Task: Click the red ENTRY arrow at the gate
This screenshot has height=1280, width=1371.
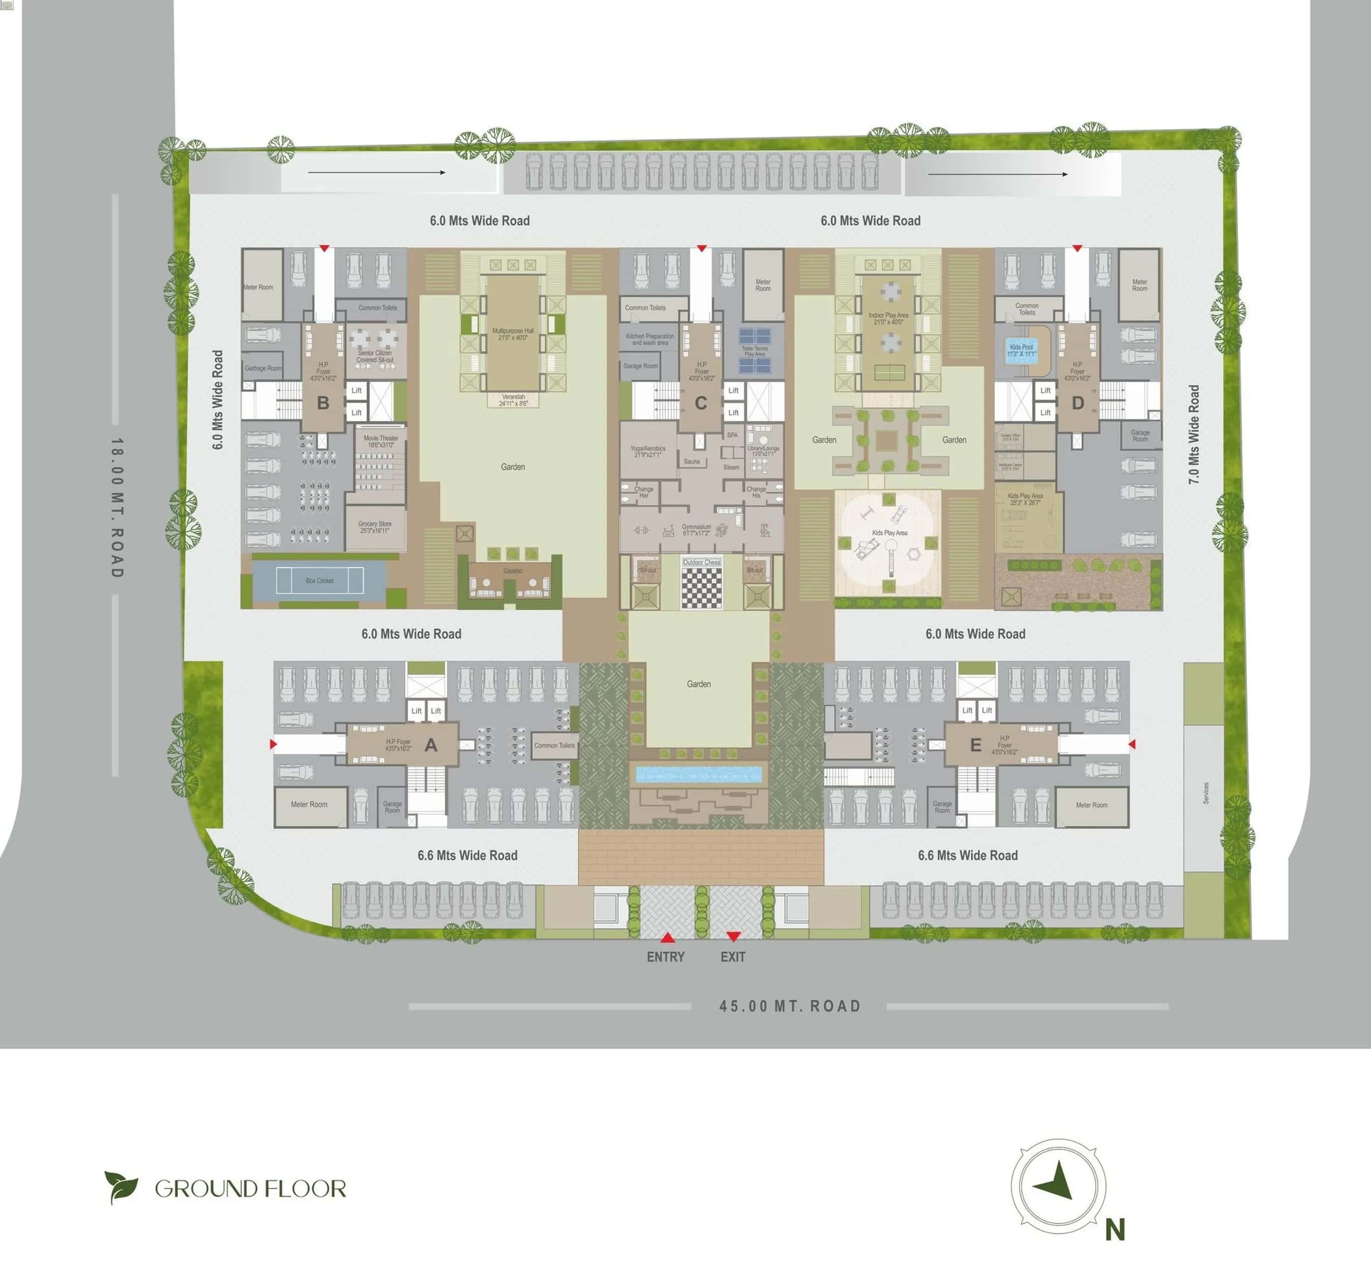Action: coord(667,937)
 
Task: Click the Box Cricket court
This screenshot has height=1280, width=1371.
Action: coord(319,581)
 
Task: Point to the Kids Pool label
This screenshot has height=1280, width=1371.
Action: coord(1021,350)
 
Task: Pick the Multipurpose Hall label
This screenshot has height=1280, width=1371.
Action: coord(512,334)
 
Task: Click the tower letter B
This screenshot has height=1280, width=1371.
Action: coord(323,403)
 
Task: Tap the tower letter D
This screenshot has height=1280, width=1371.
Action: coord(1078,403)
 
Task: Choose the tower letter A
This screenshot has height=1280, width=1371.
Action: coord(431,745)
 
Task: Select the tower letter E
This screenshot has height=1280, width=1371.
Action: coord(975,745)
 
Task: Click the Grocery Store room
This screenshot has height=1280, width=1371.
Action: coord(374,527)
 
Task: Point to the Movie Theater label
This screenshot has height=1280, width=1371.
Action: coord(381,441)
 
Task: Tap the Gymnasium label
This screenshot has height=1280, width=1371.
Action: coord(697,530)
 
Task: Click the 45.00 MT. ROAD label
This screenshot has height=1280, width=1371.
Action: coord(790,1006)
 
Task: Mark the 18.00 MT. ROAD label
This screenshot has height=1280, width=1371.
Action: coord(117,508)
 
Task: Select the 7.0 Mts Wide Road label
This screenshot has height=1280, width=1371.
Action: coord(1194,435)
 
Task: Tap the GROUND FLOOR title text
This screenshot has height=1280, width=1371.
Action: coord(250,1188)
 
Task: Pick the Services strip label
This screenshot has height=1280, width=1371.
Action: coord(1205,793)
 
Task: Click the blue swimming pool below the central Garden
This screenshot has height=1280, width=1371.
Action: coord(699,774)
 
